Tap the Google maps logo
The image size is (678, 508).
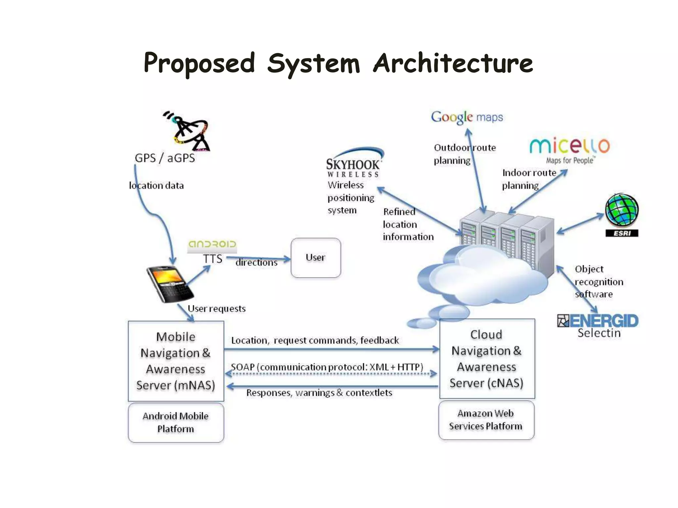click(467, 117)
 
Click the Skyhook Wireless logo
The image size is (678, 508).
click(353, 163)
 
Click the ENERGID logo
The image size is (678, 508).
click(598, 321)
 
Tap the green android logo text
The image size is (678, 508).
click(212, 244)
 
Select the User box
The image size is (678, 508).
click(315, 258)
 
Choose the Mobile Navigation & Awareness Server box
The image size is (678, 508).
click(176, 361)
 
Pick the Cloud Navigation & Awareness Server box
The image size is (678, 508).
click(487, 359)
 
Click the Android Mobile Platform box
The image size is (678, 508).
click(176, 422)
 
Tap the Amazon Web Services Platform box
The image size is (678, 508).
click(486, 420)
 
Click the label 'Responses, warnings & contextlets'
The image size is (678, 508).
click(319, 393)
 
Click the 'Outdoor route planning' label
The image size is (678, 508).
click(464, 154)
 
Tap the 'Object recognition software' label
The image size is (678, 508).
click(599, 281)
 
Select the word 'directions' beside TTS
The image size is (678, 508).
click(256, 263)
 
